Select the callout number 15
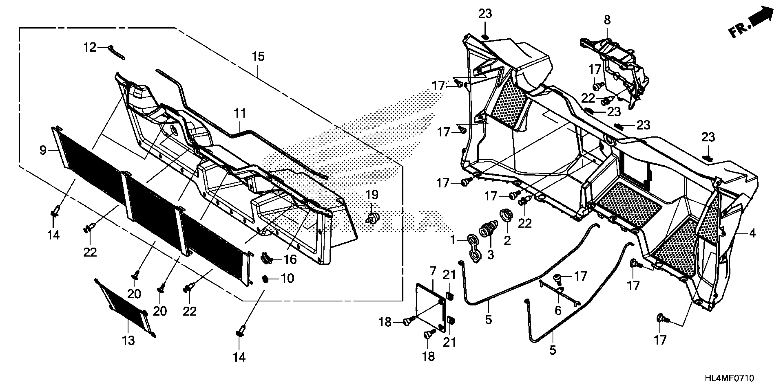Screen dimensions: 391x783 point(258,56)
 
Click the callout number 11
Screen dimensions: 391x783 point(240,114)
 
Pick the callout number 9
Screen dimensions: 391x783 point(43,150)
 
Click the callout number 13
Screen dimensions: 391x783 point(128,341)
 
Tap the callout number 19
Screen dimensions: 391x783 point(372,195)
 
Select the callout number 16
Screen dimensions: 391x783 point(290,259)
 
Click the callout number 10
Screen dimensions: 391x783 point(287,278)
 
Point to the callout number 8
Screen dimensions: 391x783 point(607,20)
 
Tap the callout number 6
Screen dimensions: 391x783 point(558,310)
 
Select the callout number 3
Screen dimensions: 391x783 point(491,254)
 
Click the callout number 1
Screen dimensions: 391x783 point(453,240)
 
